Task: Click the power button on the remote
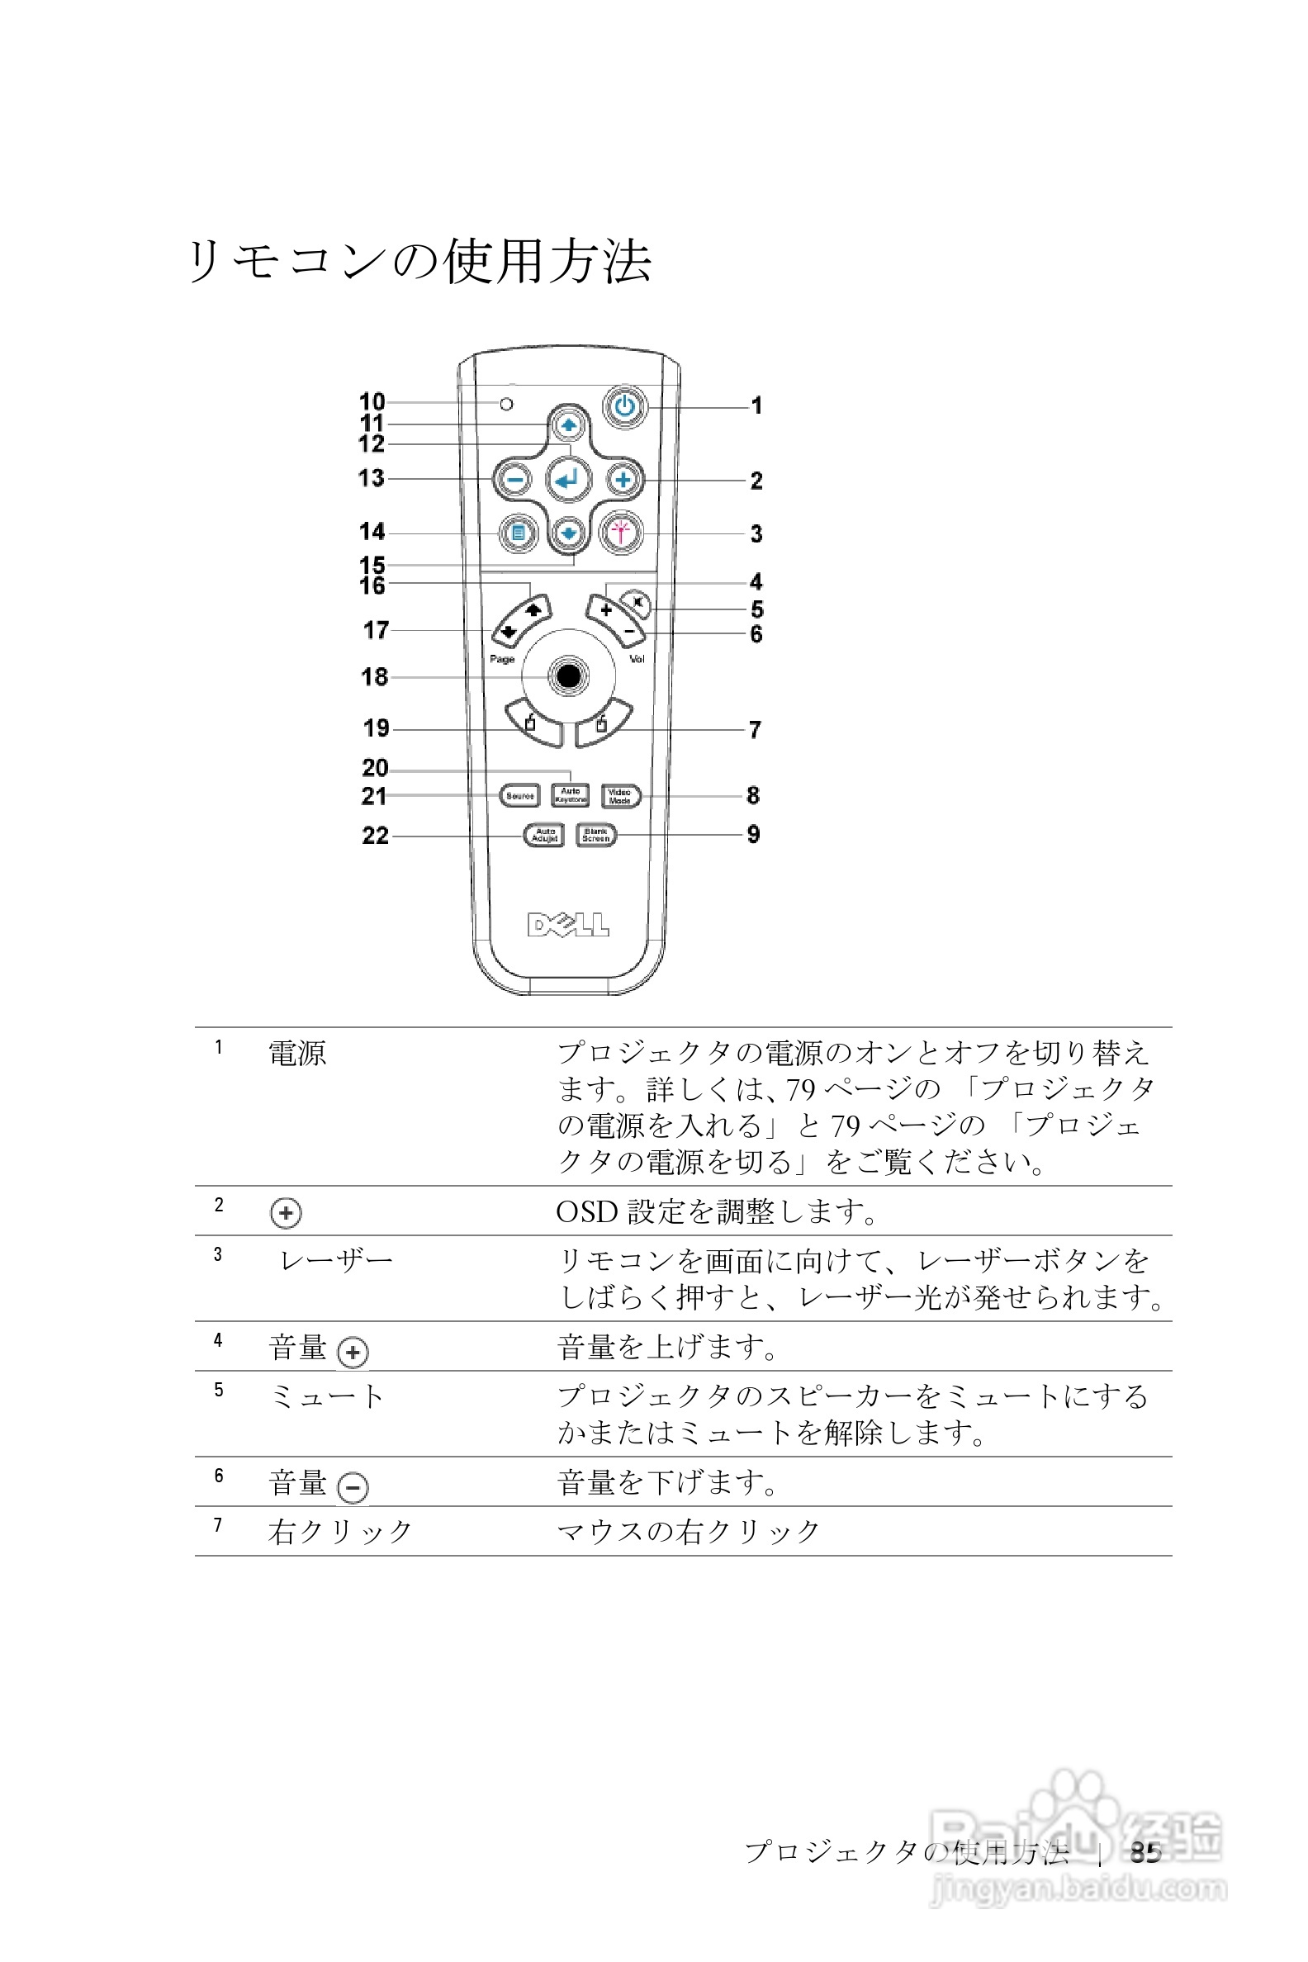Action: click(625, 408)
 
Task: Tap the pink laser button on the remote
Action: click(621, 533)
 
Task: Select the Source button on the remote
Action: click(519, 796)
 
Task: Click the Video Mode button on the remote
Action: click(621, 796)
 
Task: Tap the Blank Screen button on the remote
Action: click(596, 835)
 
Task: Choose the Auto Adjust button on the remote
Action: click(545, 835)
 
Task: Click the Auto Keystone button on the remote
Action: click(571, 796)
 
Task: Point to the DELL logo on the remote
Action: click(568, 924)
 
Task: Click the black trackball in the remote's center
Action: click(568, 675)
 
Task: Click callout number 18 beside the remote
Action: click(375, 676)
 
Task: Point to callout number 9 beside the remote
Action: click(753, 834)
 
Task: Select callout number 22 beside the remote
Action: click(376, 835)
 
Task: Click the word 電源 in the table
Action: click(297, 1054)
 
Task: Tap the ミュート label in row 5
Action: click(327, 1396)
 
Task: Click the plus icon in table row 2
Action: click(286, 1213)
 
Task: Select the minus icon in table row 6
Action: click(353, 1486)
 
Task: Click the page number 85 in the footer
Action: click(1145, 1852)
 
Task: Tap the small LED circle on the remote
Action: click(506, 405)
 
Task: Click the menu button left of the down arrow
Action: click(518, 533)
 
